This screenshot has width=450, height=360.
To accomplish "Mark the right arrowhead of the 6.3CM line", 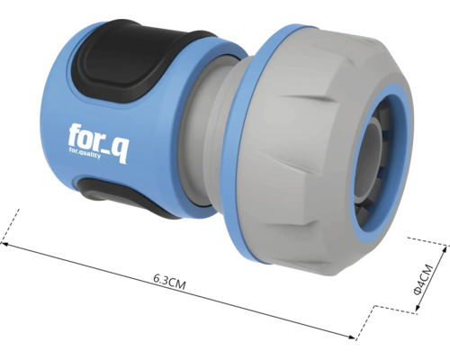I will (x=356, y=338).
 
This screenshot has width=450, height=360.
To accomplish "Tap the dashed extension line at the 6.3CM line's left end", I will (x=13, y=225).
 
